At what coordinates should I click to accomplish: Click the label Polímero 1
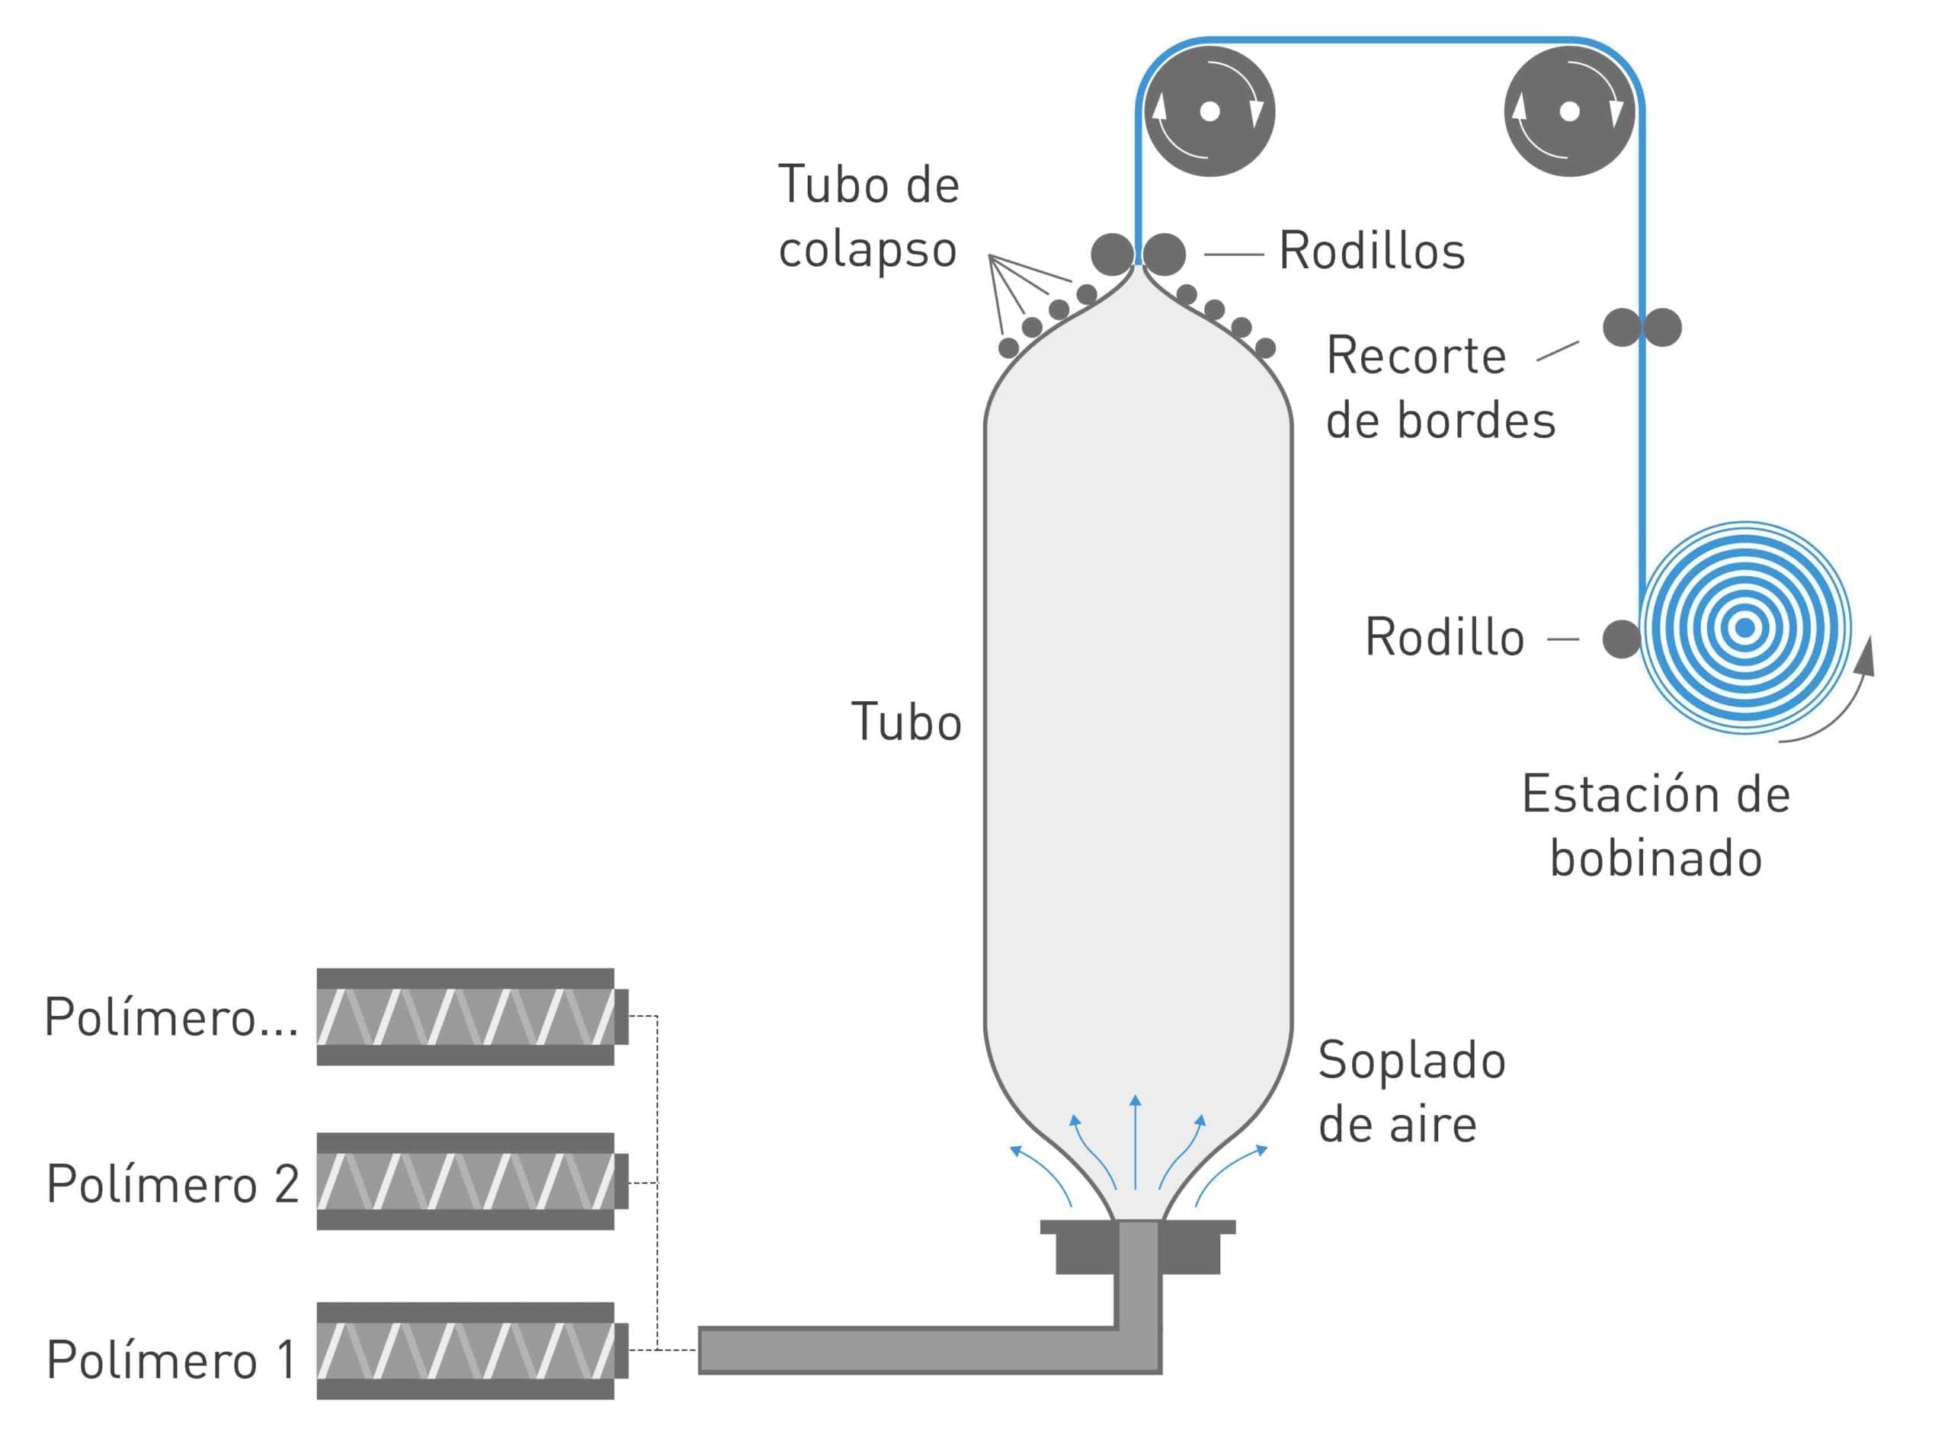171,1359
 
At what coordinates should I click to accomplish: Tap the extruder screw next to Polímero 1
472,1350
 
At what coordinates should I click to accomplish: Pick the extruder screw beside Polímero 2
472,1181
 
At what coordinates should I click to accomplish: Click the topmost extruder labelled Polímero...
472,1017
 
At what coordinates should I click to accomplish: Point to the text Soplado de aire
1411,1091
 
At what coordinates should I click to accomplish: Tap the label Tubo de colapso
868,216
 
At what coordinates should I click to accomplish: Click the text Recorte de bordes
1440,387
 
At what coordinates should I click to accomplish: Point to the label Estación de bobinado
1656,825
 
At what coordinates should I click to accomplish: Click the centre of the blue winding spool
1745,627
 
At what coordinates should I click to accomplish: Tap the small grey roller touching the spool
1621,639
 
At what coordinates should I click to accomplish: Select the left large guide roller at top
1210,112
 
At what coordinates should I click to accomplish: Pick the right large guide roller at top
1569,112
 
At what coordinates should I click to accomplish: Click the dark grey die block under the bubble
1138,1246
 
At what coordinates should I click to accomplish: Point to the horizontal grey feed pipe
906,1350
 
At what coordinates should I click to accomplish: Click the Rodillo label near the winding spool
1444,637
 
